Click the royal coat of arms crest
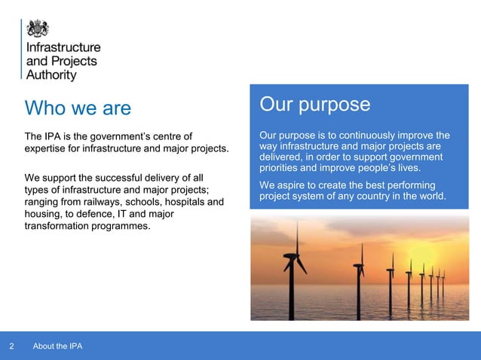(38, 29)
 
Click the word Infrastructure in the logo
(63, 47)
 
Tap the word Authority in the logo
(51, 75)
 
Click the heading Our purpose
(314, 104)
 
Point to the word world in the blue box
(431, 197)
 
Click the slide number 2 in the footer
(11, 346)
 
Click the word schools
(150, 202)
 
